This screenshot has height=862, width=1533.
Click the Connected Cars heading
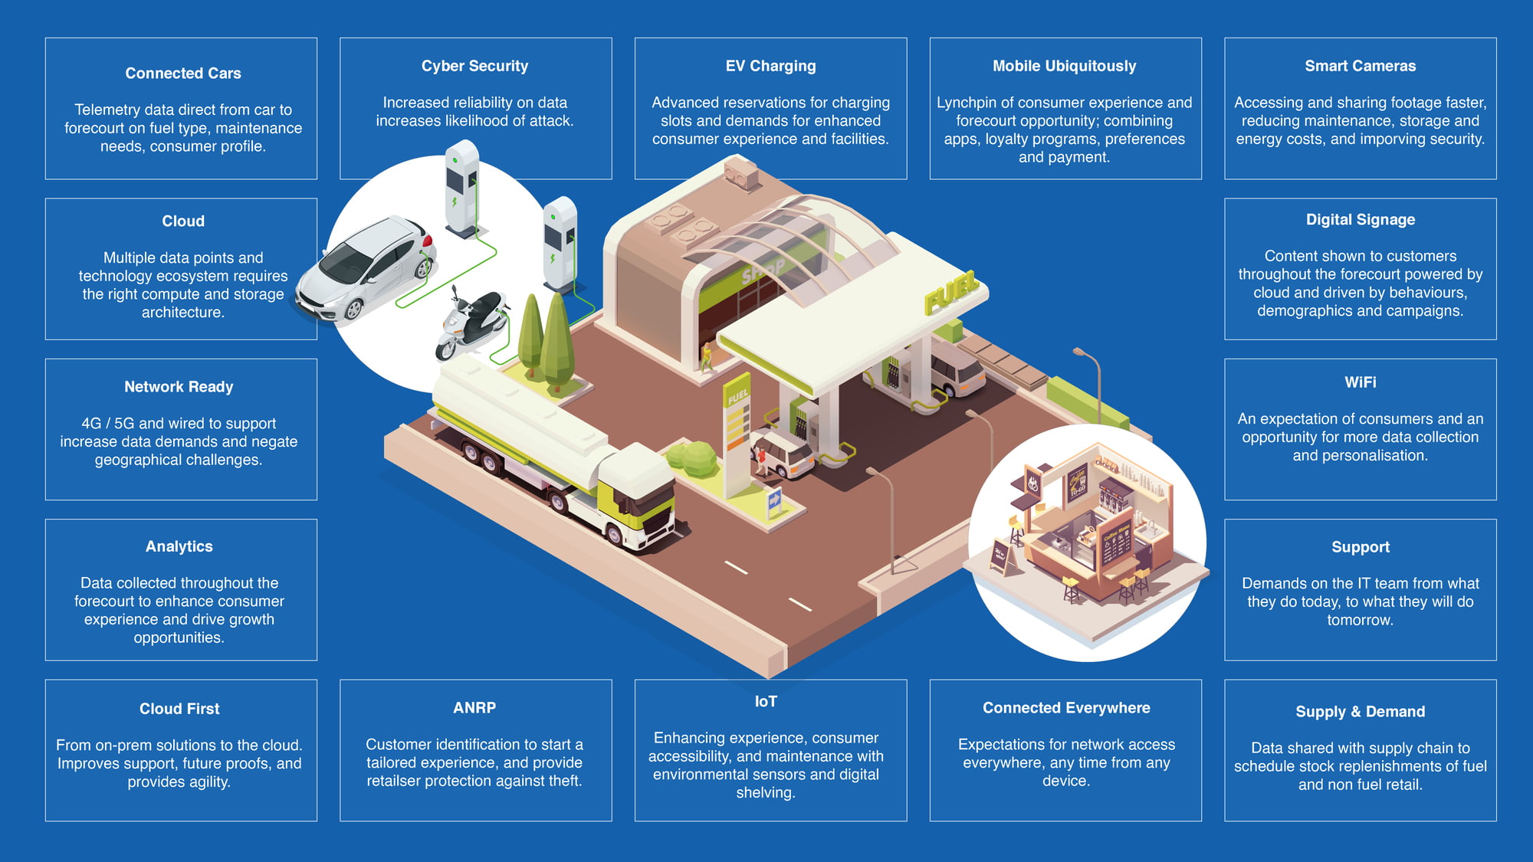(x=183, y=74)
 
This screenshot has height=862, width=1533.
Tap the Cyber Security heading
(x=474, y=66)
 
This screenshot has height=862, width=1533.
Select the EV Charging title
(x=770, y=66)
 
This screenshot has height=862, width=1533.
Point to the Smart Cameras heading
(x=1360, y=66)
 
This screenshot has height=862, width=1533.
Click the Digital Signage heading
(x=1360, y=220)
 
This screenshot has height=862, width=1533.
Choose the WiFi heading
(x=1360, y=382)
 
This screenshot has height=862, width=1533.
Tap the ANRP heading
(x=474, y=708)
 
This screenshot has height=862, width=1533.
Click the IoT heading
(x=765, y=702)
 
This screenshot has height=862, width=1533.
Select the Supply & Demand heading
(x=1360, y=712)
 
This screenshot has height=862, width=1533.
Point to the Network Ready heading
(x=179, y=387)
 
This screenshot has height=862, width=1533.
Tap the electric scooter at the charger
(x=471, y=324)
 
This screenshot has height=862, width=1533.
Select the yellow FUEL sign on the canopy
(x=951, y=291)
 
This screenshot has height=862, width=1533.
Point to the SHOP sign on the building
(x=763, y=270)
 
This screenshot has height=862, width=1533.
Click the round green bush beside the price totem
(x=693, y=458)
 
